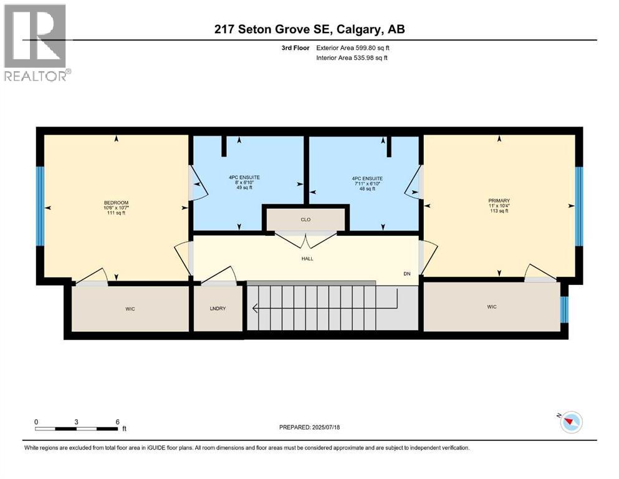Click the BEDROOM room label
coord(116,203)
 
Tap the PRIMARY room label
coord(499,201)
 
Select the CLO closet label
coord(305,220)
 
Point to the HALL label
coord(306,258)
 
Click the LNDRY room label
coord(218,308)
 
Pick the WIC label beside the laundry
coord(130,308)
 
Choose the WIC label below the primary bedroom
coord(492,306)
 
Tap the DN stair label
coord(406,273)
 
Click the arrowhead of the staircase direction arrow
coord(254,307)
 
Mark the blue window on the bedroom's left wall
coord(40,206)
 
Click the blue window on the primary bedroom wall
coord(578,206)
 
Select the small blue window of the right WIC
coord(565,309)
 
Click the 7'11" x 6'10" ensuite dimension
coord(366,183)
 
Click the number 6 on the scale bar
coord(118,422)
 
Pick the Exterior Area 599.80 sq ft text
coord(355,47)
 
